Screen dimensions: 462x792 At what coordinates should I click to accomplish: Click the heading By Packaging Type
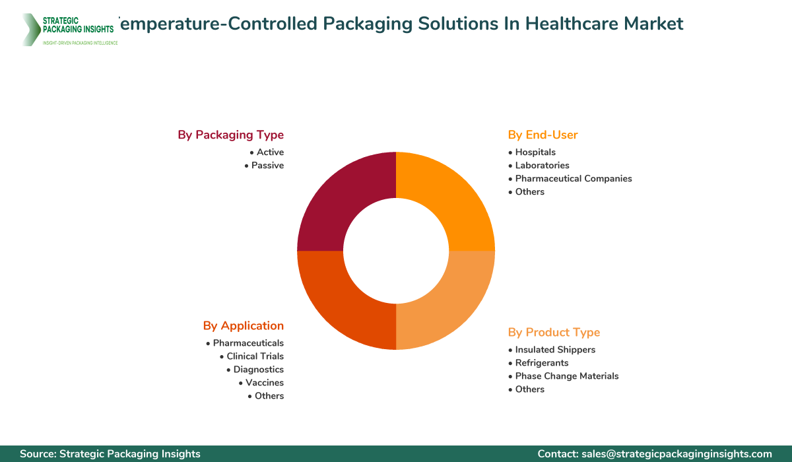coord(230,135)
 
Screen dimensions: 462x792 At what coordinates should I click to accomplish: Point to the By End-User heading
coord(543,135)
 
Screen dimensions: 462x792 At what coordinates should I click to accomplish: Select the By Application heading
coord(243,325)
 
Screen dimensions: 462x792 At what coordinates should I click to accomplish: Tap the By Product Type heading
coord(554,332)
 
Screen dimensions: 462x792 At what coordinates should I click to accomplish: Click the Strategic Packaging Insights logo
coord(69,29)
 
